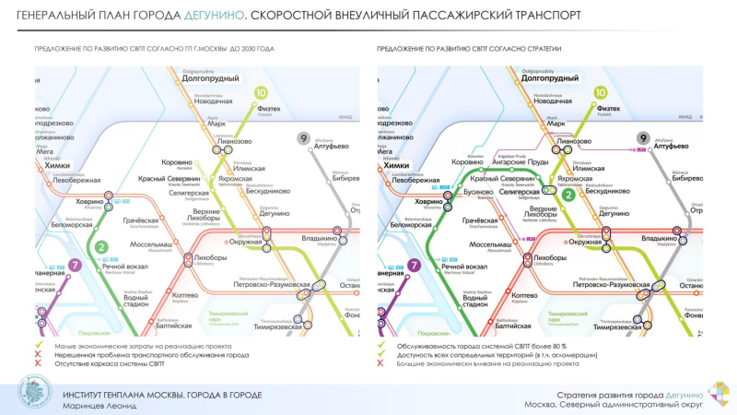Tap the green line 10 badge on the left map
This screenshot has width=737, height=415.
pos(261,92)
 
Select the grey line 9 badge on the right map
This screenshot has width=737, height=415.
pos(644,138)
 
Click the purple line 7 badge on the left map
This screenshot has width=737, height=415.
pos(75,266)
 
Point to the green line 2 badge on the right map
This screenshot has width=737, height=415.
pos(568,195)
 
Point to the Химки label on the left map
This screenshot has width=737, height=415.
pos(57,165)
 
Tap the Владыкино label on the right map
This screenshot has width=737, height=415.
pos(660,239)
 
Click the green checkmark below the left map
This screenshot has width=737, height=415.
pos(39,346)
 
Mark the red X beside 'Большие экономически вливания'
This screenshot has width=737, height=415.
pos(381,363)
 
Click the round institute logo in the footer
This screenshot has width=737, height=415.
pos(36,393)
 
